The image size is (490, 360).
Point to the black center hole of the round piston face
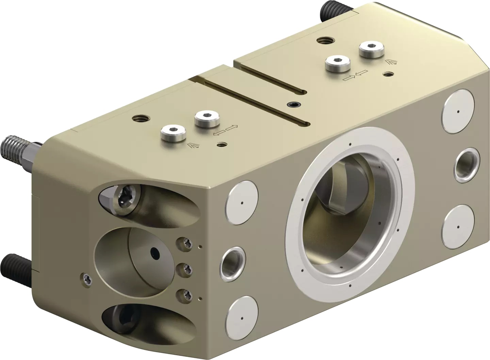click(x=155, y=253)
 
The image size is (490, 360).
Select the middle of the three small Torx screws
click(x=186, y=268)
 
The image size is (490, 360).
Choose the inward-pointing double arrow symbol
click(x=356, y=75)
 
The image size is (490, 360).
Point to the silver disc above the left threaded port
click(x=242, y=203)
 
